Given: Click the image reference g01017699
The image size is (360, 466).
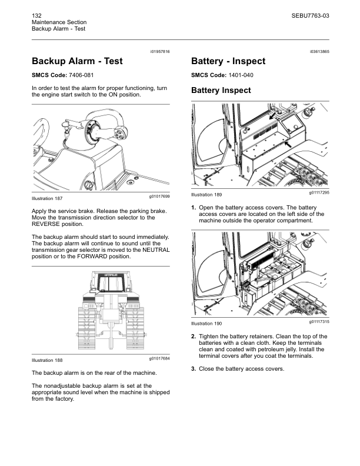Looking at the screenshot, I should click(159, 196).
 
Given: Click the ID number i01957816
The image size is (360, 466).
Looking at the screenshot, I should click(158, 52).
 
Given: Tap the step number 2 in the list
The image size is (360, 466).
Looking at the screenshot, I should click(194, 337).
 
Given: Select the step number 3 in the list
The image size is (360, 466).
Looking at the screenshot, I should click(194, 369).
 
